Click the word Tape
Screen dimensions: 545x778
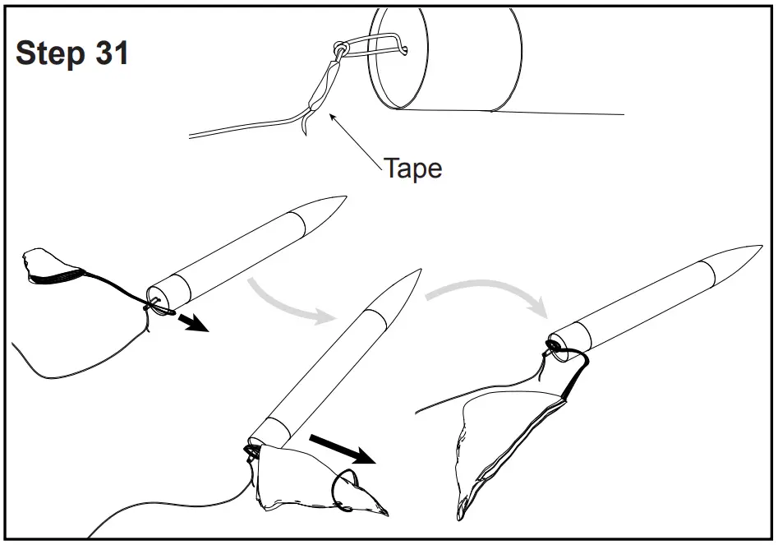pos(413,169)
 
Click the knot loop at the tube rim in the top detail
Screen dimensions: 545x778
pos(339,48)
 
